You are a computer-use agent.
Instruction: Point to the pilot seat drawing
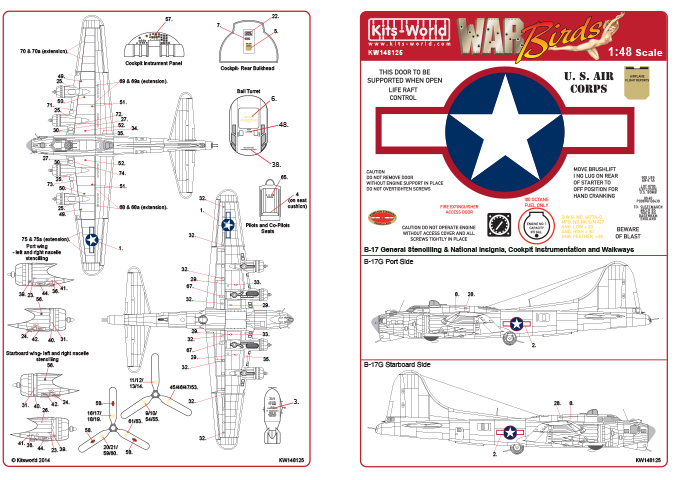click(x=269, y=201)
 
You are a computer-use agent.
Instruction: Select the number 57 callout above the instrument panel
click(x=169, y=19)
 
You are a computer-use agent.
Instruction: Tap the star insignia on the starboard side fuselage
click(x=511, y=432)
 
